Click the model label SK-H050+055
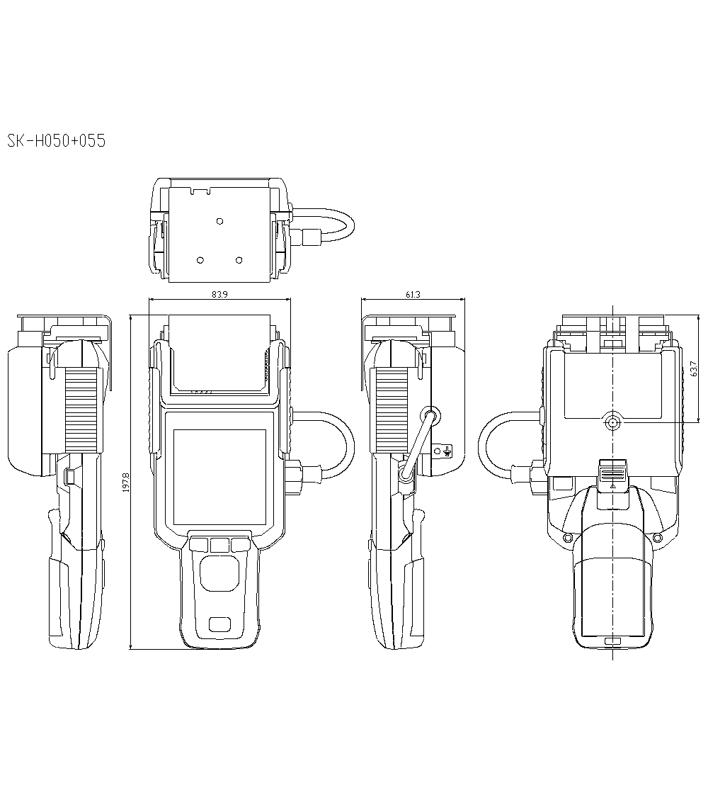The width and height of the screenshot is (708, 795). pyautogui.click(x=56, y=141)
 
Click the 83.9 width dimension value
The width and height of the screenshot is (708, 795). pyautogui.click(x=219, y=295)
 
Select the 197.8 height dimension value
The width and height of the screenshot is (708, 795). pyautogui.click(x=126, y=483)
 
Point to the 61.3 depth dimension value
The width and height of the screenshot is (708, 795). pyautogui.click(x=413, y=295)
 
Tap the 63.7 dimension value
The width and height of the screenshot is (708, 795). pyautogui.click(x=693, y=369)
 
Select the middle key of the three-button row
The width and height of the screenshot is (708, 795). pyautogui.click(x=219, y=544)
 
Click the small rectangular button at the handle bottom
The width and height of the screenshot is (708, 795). pyautogui.click(x=219, y=624)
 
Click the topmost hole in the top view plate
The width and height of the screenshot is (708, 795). pyautogui.click(x=219, y=222)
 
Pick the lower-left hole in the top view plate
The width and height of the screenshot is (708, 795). pyautogui.click(x=200, y=260)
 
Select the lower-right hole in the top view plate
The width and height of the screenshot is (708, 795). pyautogui.click(x=239, y=260)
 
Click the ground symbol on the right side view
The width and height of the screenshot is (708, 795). pyautogui.click(x=446, y=451)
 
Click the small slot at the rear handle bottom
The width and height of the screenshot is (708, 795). pyautogui.click(x=612, y=641)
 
